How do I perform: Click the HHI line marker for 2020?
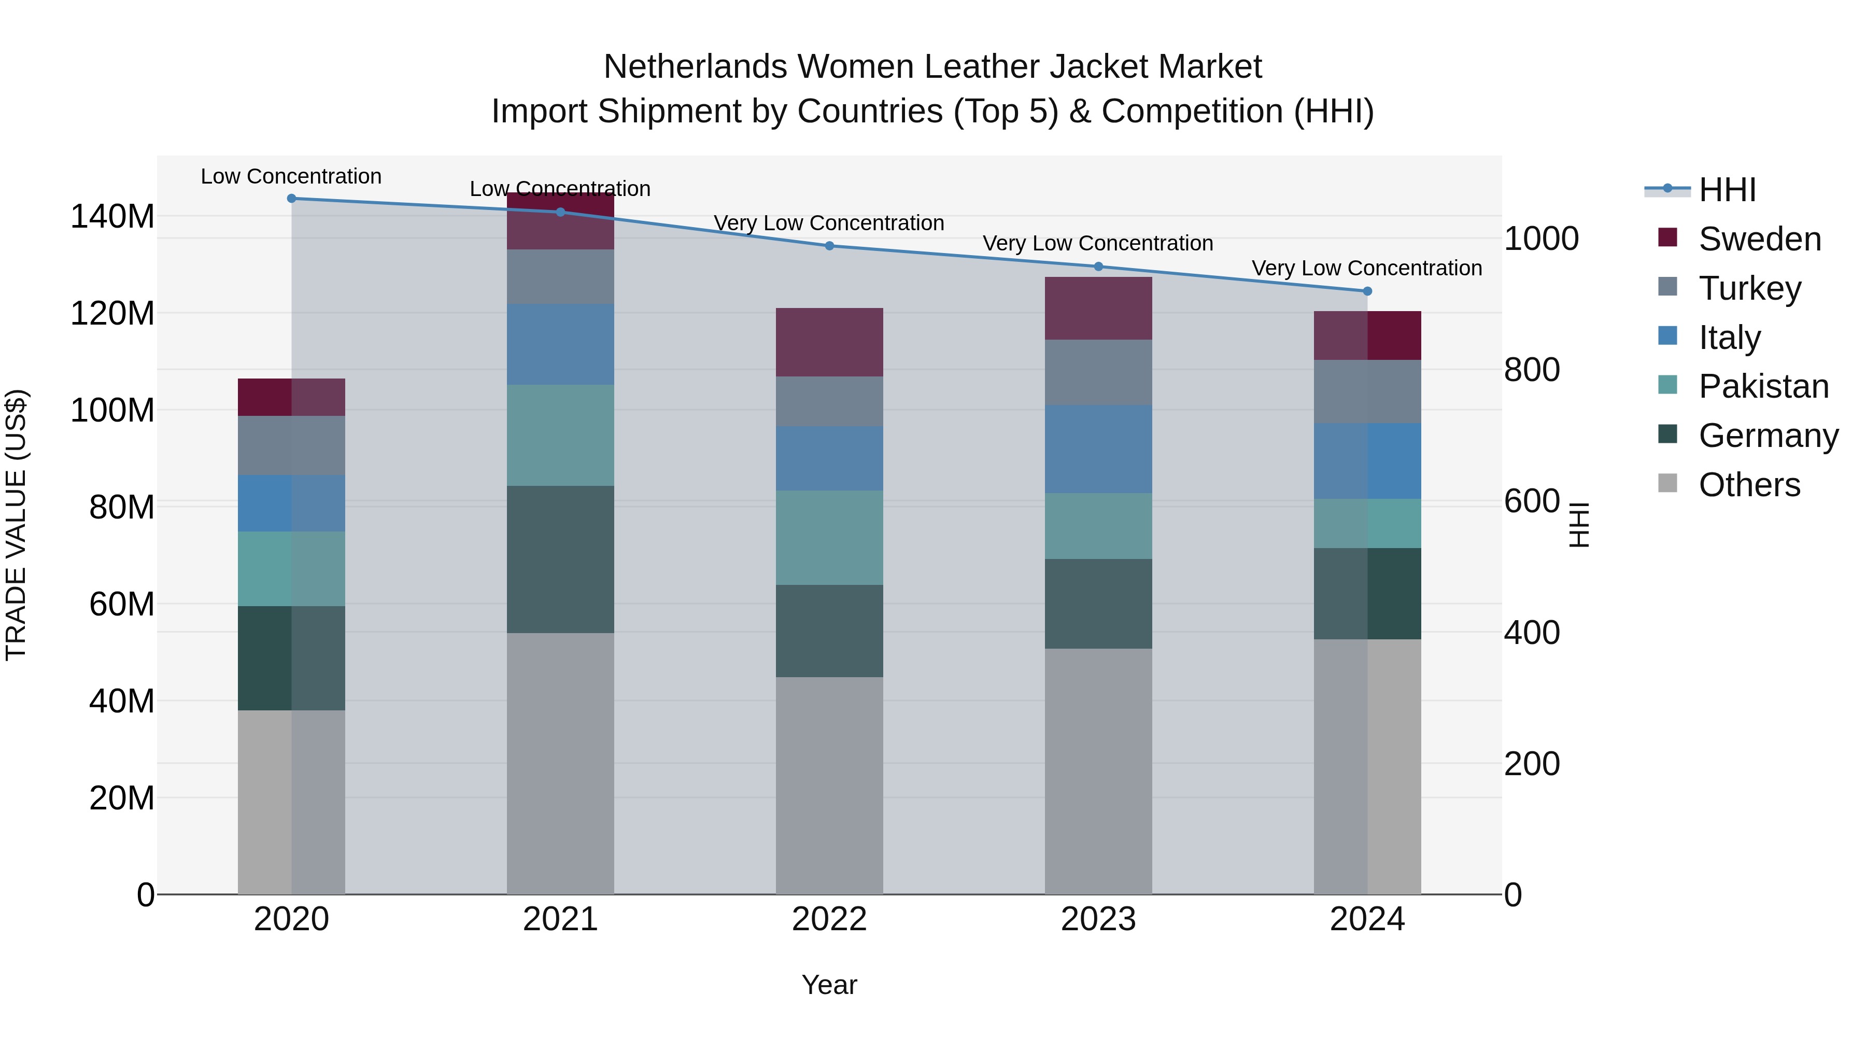click(291, 199)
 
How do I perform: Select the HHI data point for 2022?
click(829, 246)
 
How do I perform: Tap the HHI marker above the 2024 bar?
click(1367, 291)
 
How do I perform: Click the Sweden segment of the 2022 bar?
click(829, 342)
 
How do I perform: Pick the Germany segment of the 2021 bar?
click(560, 559)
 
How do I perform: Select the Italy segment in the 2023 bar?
click(1098, 449)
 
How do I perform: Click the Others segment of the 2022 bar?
click(829, 786)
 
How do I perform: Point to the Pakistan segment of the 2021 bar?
click(560, 435)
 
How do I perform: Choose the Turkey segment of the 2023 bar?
click(1098, 372)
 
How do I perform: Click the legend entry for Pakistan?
click(1763, 386)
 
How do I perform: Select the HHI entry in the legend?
click(1727, 190)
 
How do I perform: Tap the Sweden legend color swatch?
click(1667, 237)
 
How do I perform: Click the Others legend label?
click(1749, 485)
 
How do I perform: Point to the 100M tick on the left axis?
click(112, 410)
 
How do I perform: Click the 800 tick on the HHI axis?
click(1531, 370)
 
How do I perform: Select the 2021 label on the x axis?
click(560, 919)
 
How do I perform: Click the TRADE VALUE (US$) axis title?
click(16, 525)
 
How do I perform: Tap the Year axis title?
click(829, 985)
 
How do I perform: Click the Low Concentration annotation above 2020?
click(291, 176)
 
